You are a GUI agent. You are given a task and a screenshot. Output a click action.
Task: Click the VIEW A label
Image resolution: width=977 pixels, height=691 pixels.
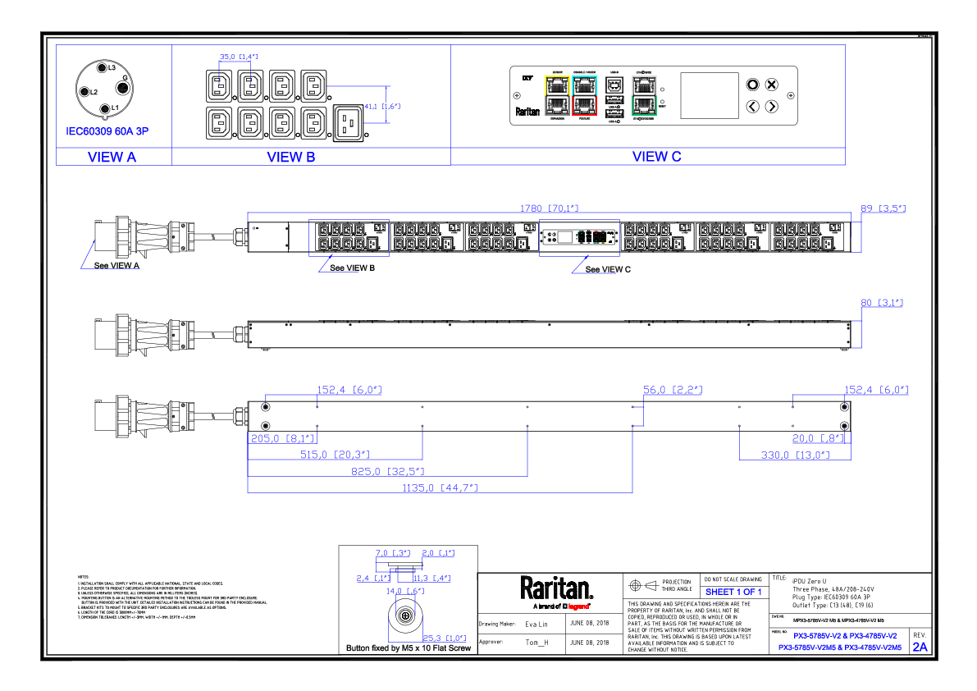tap(112, 157)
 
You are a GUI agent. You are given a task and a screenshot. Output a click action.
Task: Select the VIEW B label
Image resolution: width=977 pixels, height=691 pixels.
tap(291, 157)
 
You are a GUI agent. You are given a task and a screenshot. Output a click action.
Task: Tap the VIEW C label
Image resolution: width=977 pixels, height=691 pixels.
tap(656, 157)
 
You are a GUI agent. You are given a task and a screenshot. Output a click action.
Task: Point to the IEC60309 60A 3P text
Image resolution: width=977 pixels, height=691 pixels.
tap(107, 131)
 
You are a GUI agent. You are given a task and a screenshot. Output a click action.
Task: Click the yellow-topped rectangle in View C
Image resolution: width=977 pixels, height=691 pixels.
tap(557, 96)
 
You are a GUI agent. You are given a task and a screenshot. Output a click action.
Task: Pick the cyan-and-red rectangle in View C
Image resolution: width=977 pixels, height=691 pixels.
tap(584, 96)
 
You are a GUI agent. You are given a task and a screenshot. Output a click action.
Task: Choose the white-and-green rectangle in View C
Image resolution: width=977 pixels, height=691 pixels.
tap(644, 96)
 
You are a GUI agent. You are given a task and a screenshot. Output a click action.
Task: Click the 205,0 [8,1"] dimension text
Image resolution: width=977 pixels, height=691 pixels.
tap(282, 439)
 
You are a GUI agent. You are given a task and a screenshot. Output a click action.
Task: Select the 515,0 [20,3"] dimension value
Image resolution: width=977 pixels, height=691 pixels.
tap(335, 455)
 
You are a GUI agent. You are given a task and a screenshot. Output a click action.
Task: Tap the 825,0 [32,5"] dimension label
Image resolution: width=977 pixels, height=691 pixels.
tap(387, 472)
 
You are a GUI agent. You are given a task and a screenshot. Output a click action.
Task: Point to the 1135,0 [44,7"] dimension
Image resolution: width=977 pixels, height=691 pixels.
tap(440, 489)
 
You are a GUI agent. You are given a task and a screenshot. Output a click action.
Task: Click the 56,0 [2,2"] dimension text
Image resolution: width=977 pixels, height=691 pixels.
tap(672, 390)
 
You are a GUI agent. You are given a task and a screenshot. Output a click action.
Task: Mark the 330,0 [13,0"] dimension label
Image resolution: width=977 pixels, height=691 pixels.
tap(795, 455)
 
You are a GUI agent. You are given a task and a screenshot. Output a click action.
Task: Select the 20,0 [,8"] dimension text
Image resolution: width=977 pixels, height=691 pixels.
tap(818, 438)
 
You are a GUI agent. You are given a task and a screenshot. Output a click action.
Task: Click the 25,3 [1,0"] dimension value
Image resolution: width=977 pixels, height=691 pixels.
tap(445, 638)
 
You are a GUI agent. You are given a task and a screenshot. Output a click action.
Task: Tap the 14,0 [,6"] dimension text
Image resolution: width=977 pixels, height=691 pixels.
tap(405, 591)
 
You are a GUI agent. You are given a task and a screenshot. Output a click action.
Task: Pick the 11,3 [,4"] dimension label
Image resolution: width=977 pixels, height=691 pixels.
tap(431, 579)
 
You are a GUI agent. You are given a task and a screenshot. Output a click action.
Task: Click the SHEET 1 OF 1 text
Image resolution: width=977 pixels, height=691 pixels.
tap(733, 592)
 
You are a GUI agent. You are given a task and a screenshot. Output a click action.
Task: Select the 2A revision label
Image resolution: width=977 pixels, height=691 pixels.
tap(920, 647)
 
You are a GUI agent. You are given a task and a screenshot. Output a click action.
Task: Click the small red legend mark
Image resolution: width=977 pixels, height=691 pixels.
tap(578, 606)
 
